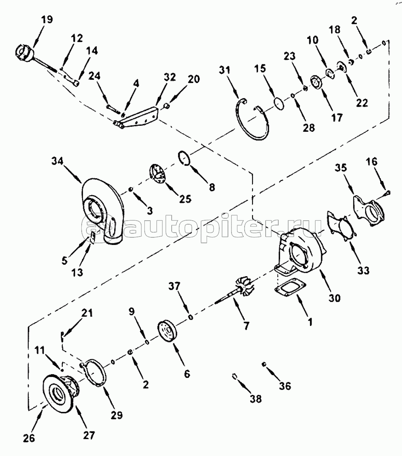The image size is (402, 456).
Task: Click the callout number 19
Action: pos(47,20)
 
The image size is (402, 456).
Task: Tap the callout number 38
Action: pos(256,399)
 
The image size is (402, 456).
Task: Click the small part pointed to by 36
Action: pos(264,364)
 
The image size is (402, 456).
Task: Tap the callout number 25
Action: pos(185,199)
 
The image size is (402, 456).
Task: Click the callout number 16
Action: pos(371,162)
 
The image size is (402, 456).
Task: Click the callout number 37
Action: pos(174,286)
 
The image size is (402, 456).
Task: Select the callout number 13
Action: pos(77,272)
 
